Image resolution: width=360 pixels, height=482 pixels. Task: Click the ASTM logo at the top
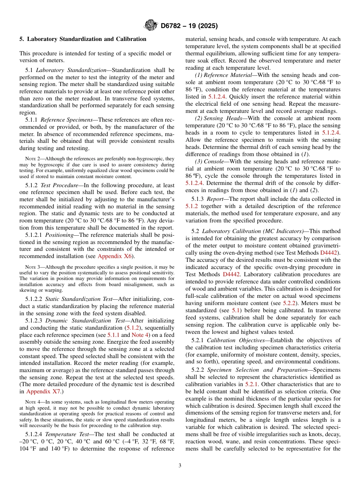point(151,26)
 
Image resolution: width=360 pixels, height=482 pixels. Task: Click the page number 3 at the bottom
point(180,466)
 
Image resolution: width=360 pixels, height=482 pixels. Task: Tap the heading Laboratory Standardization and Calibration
point(86,39)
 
